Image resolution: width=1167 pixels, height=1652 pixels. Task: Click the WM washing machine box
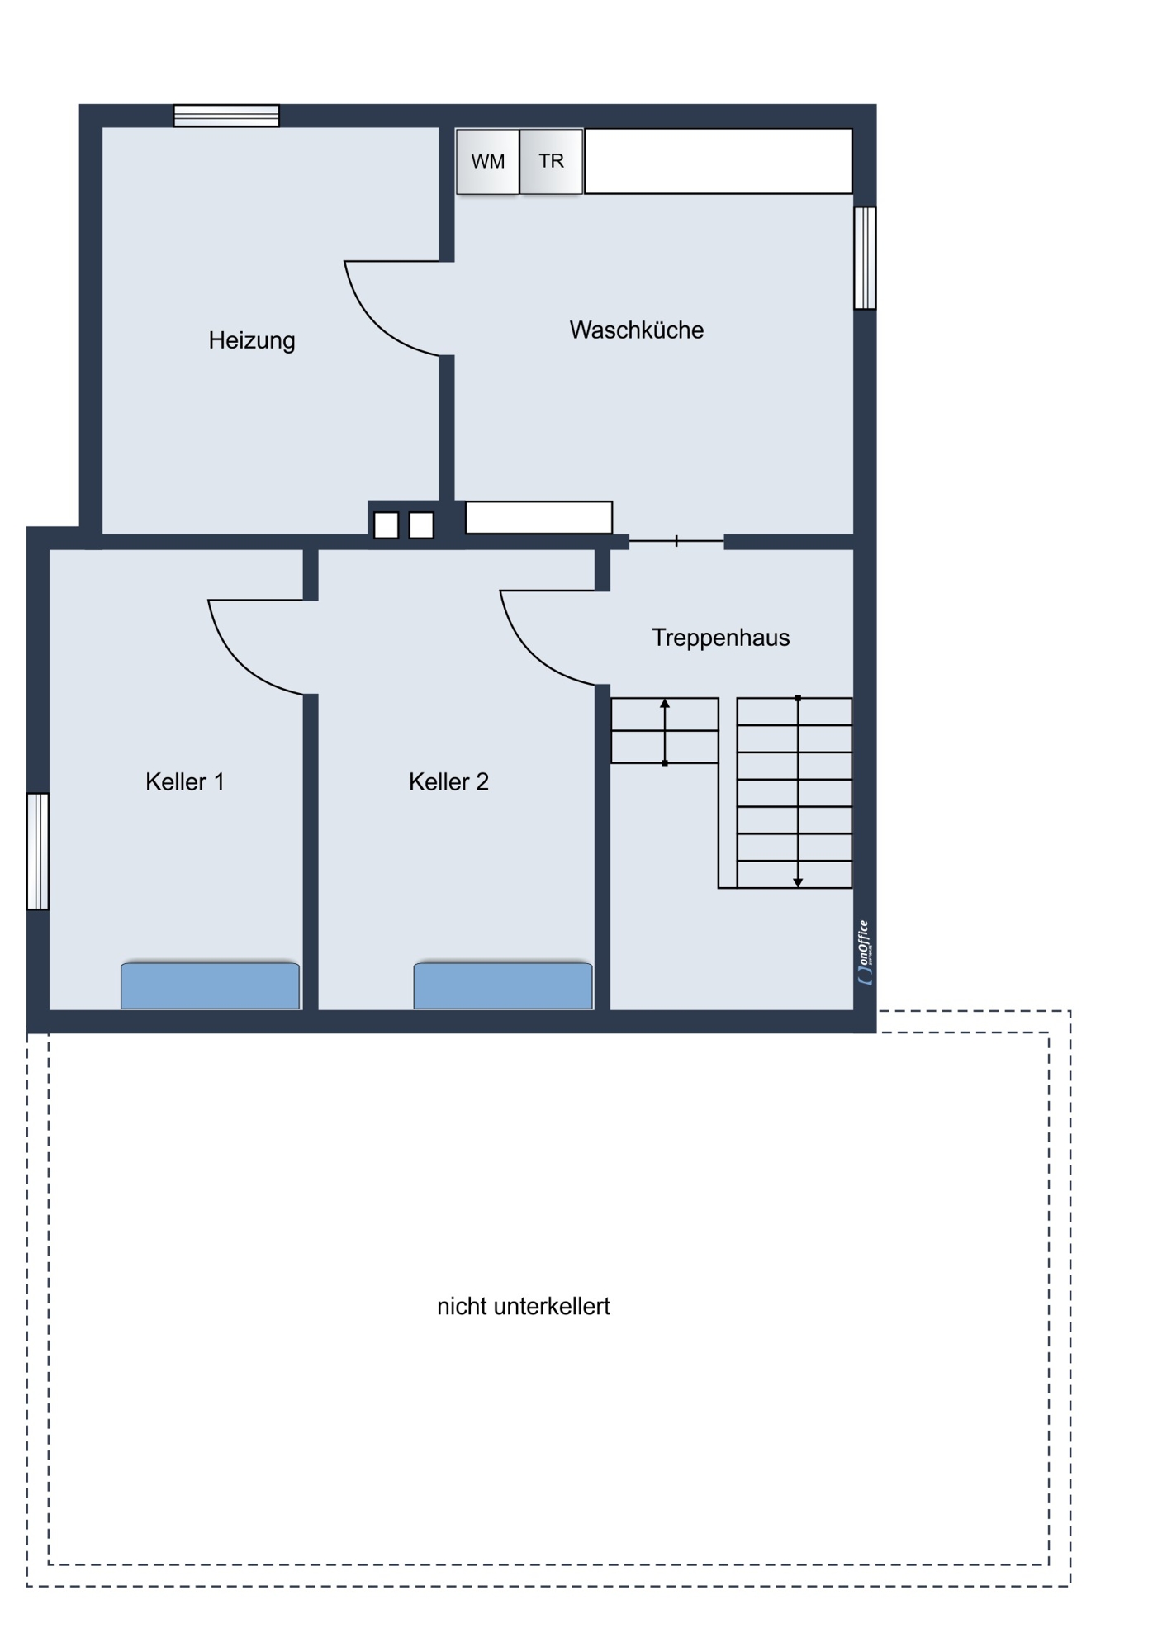pos(488,161)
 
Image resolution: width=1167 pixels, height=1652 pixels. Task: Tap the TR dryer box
pos(552,161)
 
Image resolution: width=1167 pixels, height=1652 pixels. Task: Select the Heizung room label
pos(252,340)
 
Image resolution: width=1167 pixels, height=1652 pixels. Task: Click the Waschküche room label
pos(637,330)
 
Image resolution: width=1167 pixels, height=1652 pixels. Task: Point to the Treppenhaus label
pos(721,638)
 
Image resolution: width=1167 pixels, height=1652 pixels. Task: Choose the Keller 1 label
pos(185,781)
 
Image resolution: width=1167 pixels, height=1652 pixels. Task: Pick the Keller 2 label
pos(448,781)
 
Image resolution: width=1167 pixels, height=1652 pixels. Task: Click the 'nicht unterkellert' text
pos(524,1306)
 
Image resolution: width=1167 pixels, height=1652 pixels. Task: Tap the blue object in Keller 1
pos(211,985)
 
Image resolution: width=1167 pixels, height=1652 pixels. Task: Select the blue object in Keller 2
pos(503,985)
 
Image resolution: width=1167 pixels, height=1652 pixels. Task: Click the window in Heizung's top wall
pos(226,116)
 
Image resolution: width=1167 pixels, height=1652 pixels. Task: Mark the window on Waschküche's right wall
pos(865,258)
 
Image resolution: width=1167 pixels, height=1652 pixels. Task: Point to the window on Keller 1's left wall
pos(38,851)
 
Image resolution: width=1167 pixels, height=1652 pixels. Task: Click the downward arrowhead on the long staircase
pos(798,883)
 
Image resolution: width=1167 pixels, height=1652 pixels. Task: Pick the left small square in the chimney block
pos(387,525)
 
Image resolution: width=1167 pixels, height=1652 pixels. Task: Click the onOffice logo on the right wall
pos(865,952)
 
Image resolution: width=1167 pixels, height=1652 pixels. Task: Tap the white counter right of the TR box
pos(719,161)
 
